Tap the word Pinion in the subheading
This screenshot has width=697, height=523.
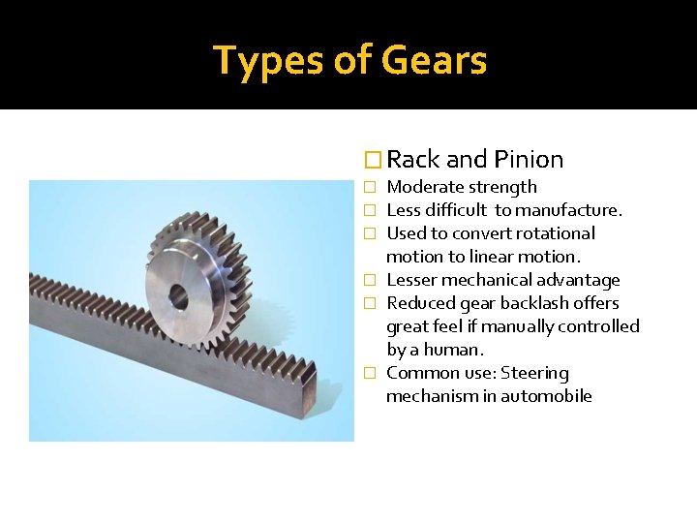coord(528,159)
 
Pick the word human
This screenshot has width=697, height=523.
coord(455,350)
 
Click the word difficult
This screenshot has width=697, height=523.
coord(454,210)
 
